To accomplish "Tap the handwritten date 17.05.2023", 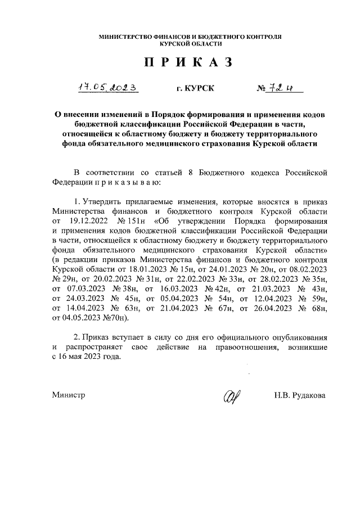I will point(107,88).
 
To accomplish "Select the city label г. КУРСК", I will point(195,89).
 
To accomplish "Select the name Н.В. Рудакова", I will point(300,395).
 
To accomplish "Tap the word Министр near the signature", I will point(69,395).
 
